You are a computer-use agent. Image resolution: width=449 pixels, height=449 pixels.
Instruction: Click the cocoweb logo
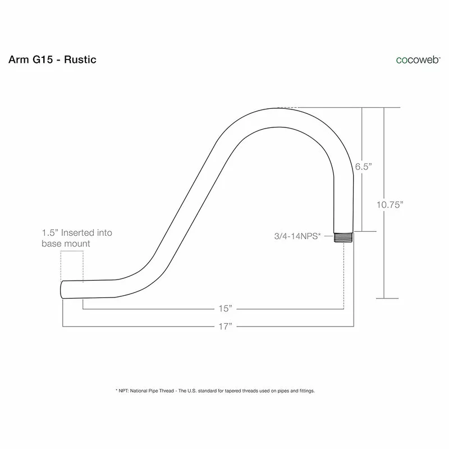(418, 60)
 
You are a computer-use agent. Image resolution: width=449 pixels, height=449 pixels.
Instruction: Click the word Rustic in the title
(80, 59)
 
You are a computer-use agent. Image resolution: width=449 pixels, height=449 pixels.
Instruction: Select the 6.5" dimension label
(363, 166)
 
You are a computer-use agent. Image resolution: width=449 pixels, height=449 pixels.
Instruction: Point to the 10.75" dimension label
(390, 205)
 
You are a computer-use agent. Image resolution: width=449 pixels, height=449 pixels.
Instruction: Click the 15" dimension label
(226, 308)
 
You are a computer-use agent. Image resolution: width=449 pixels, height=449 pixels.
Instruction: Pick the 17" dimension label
(226, 326)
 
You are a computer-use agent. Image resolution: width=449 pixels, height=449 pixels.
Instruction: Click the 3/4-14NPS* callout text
(297, 236)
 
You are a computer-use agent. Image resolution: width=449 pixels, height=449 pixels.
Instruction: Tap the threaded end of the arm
(343, 237)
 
